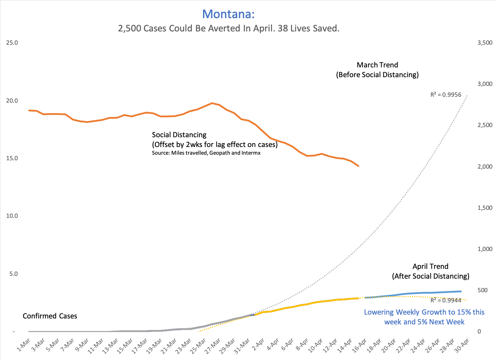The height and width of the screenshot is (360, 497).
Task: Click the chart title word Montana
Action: pyautogui.click(x=228, y=14)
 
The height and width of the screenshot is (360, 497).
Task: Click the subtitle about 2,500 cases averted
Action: pyautogui.click(x=229, y=28)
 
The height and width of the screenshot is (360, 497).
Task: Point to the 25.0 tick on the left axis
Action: pyautogui.click(x=12, y=43)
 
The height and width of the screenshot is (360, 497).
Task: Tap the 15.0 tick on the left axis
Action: pyautogui.click(x=12, y=158)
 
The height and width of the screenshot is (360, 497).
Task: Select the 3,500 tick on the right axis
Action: pyautogui.click(x=485, y=43)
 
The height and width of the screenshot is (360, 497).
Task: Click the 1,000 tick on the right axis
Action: pyautogui.click(x=485, y=249)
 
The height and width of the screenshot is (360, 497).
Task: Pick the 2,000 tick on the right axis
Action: pyautogui.click(x=485, y=167)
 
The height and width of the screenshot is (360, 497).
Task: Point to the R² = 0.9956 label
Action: pyautogui.click(x=446, y=95)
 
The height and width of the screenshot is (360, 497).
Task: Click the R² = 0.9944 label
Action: pyautogui.click(x=446, y=300)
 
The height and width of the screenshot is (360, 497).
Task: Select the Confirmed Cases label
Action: pyautogui.click(x=50, y=316)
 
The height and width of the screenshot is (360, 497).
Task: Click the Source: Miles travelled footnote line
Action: pyautogui.click(x=206, y=153)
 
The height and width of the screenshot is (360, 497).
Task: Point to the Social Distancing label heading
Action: pyautogui.click(x=179, y=135)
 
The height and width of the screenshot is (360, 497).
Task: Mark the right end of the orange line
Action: pyautogui.click(x=359, y=166)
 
